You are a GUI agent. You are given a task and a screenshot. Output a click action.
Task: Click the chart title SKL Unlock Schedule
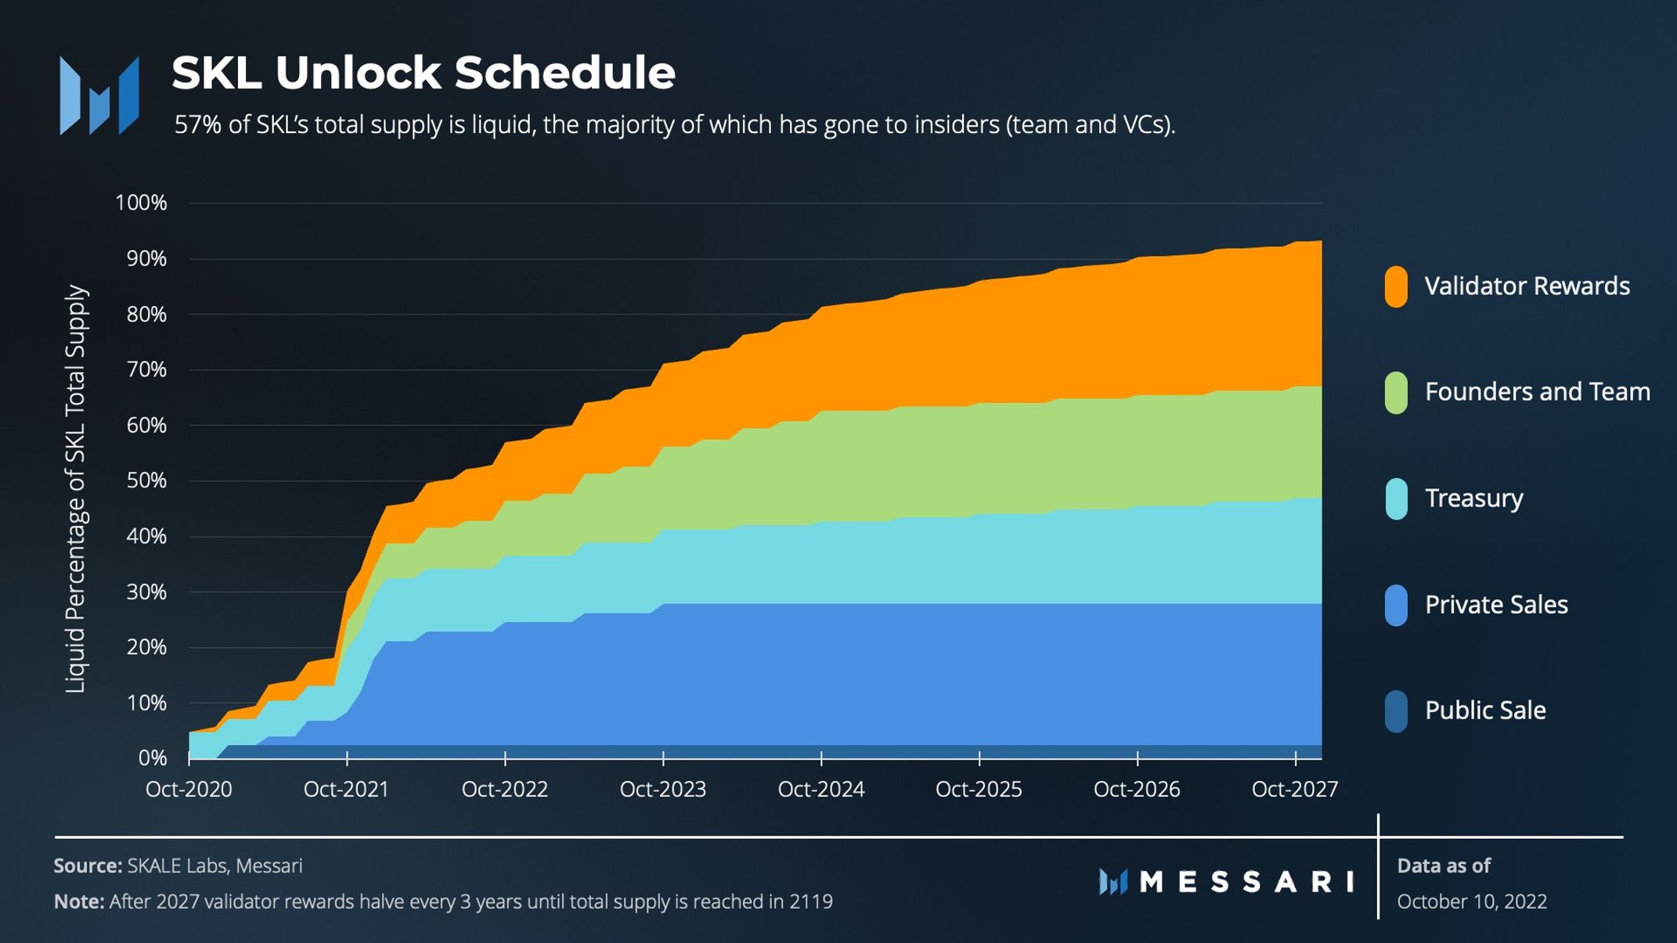pyautogui.click(x=423, y=73)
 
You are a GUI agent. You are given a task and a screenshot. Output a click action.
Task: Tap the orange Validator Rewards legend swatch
pyautogui.click(x=1396, y=286)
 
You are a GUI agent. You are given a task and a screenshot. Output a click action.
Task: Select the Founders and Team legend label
pyautogui.click(x=1537, y=391)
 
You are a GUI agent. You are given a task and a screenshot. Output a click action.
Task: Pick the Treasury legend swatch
pyautogui.click(x=1396, y=498)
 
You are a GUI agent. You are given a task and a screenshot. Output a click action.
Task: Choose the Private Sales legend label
pyautogui.click(x=1495, y=604)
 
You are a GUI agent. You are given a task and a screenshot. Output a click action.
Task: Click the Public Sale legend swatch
pyautogui.click(x=1396, y=711)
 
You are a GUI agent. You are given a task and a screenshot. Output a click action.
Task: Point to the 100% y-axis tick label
pyautogui.click(x=141, y=203)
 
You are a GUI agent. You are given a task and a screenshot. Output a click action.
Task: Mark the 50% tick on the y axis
pyautogui.click(x=146, y=480)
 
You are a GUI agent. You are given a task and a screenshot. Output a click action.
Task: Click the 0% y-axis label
pyautogui.click(x=152, y=758)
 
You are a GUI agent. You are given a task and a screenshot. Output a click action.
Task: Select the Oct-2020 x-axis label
pyautogui.click(x=189, y=789)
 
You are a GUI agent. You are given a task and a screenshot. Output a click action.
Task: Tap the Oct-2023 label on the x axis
pyautogui.click(x=662, y=789)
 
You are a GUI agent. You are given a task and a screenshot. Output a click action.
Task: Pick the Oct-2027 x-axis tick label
pyautogui.click(x=1294, y=789)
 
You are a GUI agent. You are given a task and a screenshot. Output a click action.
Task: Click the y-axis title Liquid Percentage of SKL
pyautogui.click(x=75, y=488)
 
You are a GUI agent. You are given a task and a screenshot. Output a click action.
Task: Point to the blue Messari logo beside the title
pyautogui.click(x=99, y=95)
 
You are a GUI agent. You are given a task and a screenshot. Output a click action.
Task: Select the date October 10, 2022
pyautogui.click(x=1471, y=902)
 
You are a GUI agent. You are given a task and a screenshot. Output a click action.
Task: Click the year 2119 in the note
pyautogui.click(x=810, y=902)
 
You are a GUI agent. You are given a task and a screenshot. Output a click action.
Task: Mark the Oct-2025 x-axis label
pyautogui.click(x=979, y=789)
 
